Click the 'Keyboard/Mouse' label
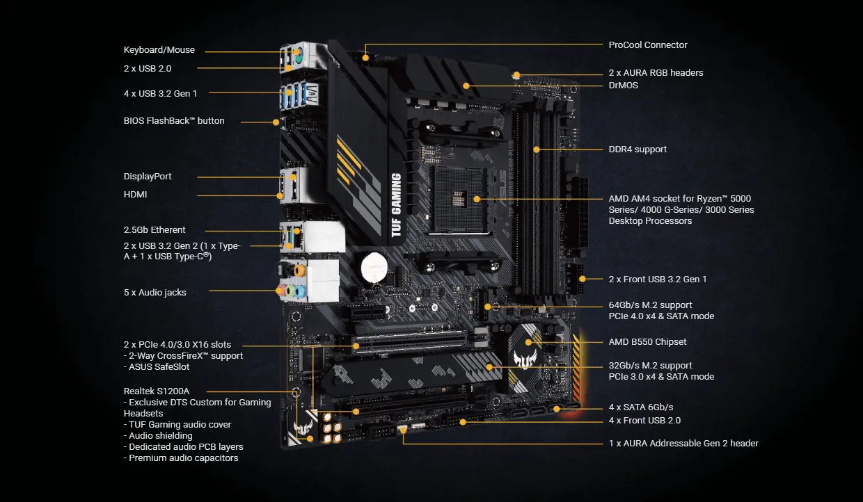pyautogui.click(x=159, y=50)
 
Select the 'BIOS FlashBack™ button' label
pyautogui.click(x=174, y=121)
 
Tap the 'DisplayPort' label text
pyautogui.click(x=148, y=177)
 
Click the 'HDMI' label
pyautogui.click(x=136, y=195)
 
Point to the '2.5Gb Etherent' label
pyautogui.click(x=155, y=230)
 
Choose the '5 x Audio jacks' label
pyautogui.click(x=155, y=293)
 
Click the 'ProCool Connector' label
pyautogui.click(x=647, y=45)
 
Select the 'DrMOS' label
pyautogui.click(x=623, y=86)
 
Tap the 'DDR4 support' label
pyautogui.click(x=638, y=149)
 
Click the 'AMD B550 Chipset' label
pyautogui.click(x=647, y=342)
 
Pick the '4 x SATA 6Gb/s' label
pyautogui.click(x=640, y=407)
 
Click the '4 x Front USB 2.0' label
pyautogui.click(x=644, y=421)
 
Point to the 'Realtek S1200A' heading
pyautogui.click(x=157, y=391)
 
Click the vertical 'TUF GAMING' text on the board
pyautogui.click(x=396, y=205)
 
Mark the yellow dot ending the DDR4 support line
pyautogui.click(x=537, y=149)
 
